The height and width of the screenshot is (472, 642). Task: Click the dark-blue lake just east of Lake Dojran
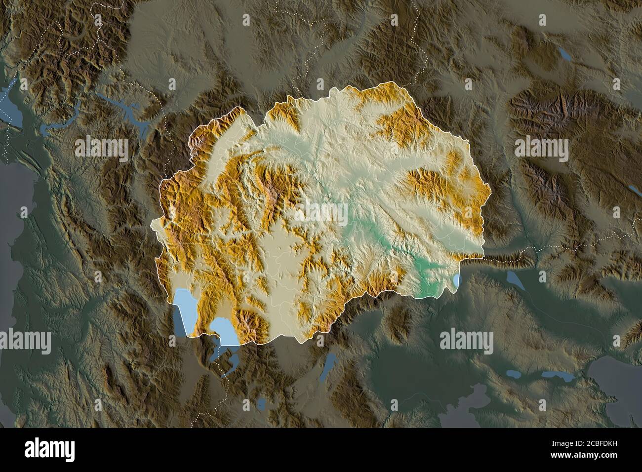pos(516,281)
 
